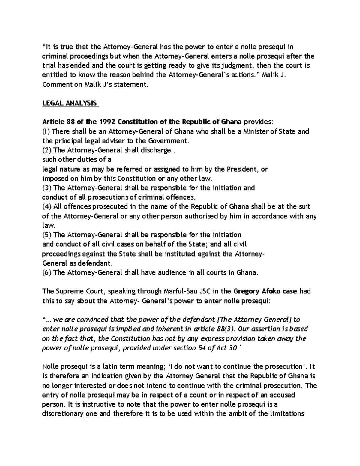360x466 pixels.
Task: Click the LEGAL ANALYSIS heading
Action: tap(70, 103)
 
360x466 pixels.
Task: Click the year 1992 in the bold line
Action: tap(107, 122)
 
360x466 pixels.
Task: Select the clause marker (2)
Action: tap(47, 150)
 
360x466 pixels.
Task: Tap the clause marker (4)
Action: tap(47, 206)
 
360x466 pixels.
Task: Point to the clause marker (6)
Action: tap(47, 272)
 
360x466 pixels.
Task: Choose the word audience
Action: tap(164, 272)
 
